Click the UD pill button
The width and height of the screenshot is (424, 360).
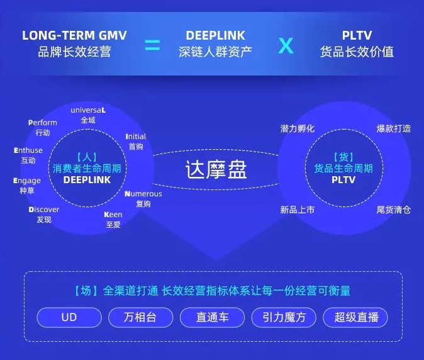click(x=69, y=317)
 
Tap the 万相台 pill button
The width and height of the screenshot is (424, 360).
click(x=141, y=317)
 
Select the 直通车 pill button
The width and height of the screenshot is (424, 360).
click(x=212, y=317)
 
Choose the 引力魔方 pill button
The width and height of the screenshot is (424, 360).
click(x=284, y=317)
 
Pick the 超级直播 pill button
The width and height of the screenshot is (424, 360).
click(x=355, y=317)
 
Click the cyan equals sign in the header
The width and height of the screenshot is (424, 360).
click(x=152, y=45)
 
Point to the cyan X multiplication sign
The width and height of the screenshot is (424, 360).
click(x=286, y=46)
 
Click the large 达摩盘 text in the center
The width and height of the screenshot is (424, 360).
click(x=216, y=169)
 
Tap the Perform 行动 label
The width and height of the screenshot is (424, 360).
click(x=43, y=128)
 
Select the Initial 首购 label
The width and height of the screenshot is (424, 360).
click(x=136, y=142)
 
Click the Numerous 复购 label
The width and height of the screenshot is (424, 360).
click(x=143, y=199)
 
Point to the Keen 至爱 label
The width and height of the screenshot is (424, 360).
click(x=113, y=220)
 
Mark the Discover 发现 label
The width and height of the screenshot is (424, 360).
click(x=44, y=215)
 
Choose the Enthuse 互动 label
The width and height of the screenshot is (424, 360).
click(x=28, y=155)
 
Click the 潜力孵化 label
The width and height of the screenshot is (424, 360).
click(x=298, y=128)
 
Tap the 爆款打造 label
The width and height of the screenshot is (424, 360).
click(x=394, y=128)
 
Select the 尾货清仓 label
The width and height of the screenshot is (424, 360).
click(x=394, y=210)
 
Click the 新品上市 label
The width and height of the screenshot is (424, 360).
click(x=298, y=210)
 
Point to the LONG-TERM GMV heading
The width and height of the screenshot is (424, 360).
click(x=74, y=35)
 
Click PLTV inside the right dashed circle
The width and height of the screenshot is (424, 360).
click(x=343, y=180)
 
